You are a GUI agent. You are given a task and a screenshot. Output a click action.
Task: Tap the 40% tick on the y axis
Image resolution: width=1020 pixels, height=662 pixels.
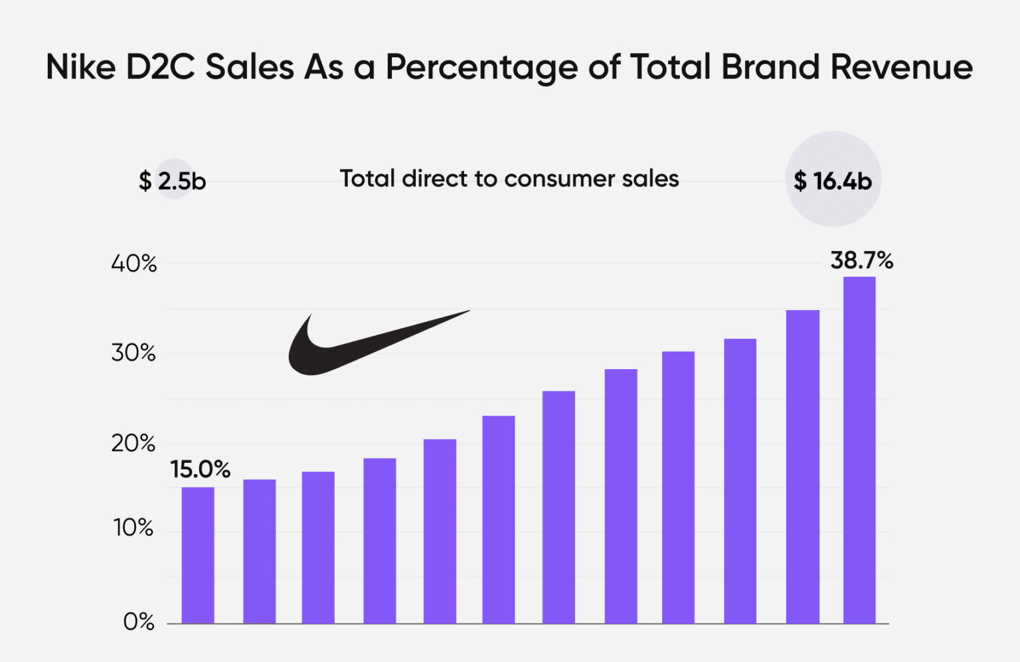133,264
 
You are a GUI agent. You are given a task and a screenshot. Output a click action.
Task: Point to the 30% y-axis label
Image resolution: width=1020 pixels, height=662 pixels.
133,353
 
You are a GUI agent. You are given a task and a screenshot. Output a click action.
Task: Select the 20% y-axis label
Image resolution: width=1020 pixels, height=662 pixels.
133,443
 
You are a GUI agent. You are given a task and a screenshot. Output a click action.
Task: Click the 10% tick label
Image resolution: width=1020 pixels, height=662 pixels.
133,528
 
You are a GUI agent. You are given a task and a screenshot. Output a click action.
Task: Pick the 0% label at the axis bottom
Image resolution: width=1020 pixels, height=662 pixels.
139,621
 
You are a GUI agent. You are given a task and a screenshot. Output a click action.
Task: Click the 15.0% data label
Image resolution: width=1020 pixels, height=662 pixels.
200,469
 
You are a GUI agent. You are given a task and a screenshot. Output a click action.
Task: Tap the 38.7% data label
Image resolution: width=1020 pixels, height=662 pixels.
861,260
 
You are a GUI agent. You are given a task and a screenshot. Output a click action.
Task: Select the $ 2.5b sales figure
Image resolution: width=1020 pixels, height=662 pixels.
173,181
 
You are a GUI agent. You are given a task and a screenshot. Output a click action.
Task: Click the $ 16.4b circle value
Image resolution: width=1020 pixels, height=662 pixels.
833,181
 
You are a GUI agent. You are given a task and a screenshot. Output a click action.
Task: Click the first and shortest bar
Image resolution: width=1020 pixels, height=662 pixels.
198,555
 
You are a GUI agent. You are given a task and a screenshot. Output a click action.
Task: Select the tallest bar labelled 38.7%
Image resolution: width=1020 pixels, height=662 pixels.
859,450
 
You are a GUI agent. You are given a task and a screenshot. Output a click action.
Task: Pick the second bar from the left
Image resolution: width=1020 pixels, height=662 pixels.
259,551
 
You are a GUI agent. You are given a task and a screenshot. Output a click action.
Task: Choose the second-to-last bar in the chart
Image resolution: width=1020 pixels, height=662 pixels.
802,467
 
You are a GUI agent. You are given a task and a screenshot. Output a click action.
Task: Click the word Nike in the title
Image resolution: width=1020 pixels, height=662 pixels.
80,67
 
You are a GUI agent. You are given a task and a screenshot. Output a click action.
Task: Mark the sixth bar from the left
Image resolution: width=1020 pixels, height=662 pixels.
499,519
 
